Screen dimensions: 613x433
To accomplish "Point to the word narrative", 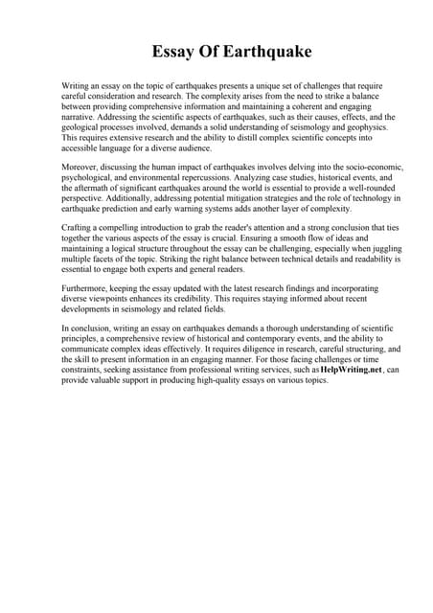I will click(82, 117).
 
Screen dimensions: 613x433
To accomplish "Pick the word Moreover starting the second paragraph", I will click(82, 168).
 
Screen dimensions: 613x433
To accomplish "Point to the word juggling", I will click(379, 249).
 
